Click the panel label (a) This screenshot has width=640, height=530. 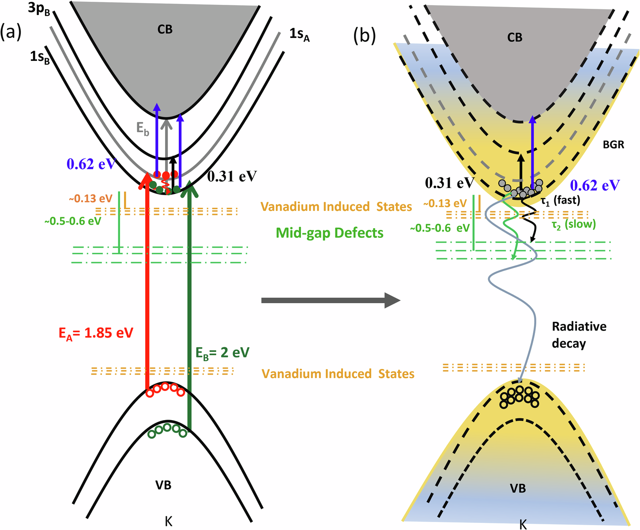(11, 34)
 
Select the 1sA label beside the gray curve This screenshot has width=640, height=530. (300, 34)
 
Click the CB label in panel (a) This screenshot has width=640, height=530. (165, 30)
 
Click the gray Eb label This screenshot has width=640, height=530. (143, 129)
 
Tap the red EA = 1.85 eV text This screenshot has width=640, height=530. (95, 333)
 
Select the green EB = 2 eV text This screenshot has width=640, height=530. (222, 353)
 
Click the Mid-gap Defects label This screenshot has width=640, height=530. (329, 233)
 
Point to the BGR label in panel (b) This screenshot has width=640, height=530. (613, 144)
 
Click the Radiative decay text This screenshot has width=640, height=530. (579, 335)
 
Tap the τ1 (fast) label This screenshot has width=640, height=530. (560, 200)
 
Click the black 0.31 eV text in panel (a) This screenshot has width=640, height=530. (232, 177)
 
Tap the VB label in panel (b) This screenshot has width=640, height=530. (518, 489)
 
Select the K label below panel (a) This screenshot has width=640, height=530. (168, 521)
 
